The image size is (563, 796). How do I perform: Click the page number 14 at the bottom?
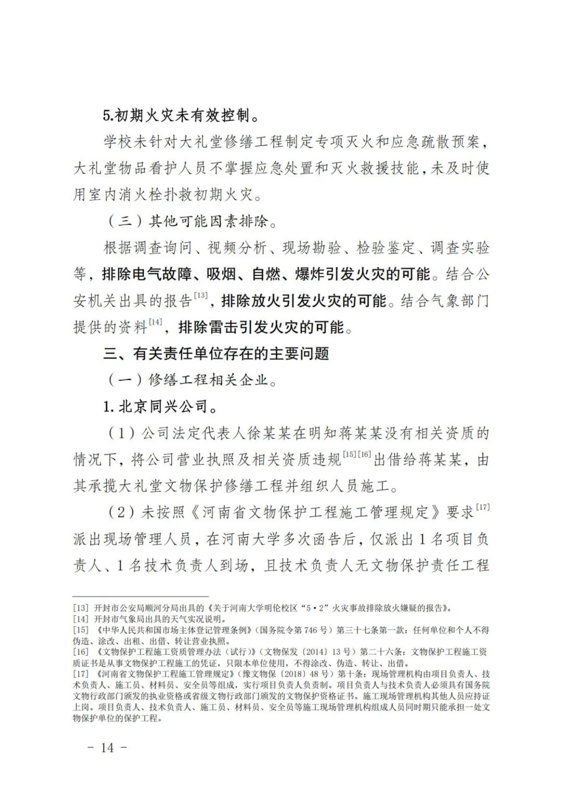tap(107, 748)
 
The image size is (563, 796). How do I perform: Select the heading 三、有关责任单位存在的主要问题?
tap(216, 353)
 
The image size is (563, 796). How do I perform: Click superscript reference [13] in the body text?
tap(200, 296)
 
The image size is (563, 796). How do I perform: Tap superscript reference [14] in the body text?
tap(156, 322)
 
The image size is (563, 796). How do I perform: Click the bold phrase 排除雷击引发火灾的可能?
tap(261, 327)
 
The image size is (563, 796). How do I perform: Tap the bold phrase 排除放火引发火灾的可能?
tap(304, 301)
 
